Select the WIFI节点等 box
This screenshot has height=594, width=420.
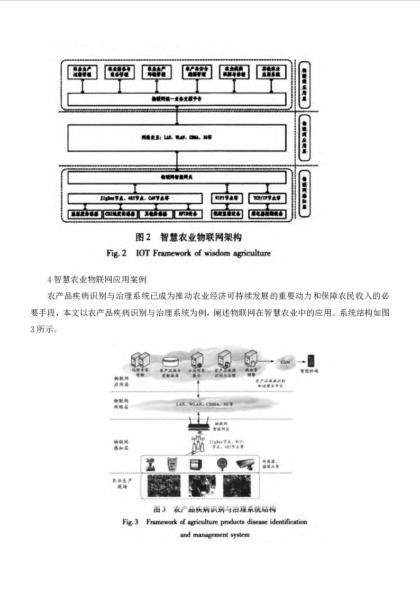click(227, 197)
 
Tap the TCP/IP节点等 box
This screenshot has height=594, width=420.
click(267, 197)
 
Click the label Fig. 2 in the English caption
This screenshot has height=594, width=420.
click(116, 253)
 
